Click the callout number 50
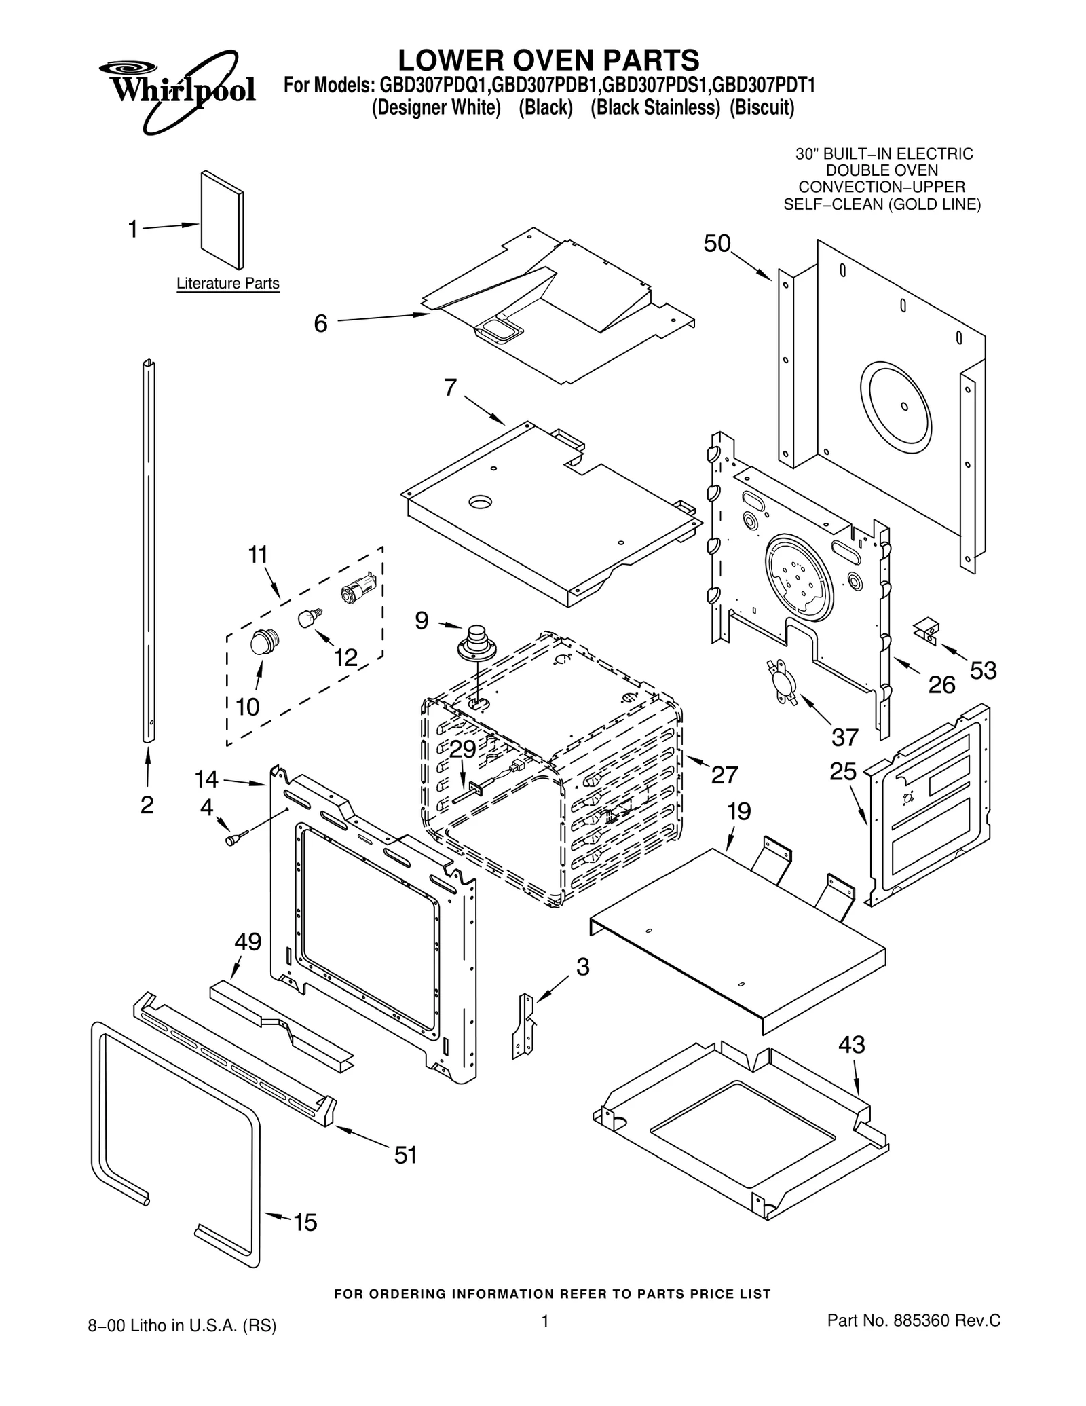(x=717, y=243)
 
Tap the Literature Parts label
(x=227, y=283)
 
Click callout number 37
(x=845, y=737)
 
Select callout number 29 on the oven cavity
(x=463, y=748)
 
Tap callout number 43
(x=851, y=1044)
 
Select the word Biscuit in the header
(x=762, y=108)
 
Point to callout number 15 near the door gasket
(x=305, y=1222)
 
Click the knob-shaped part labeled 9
(x=479, y=641)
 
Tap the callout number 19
(x=739, y=811)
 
